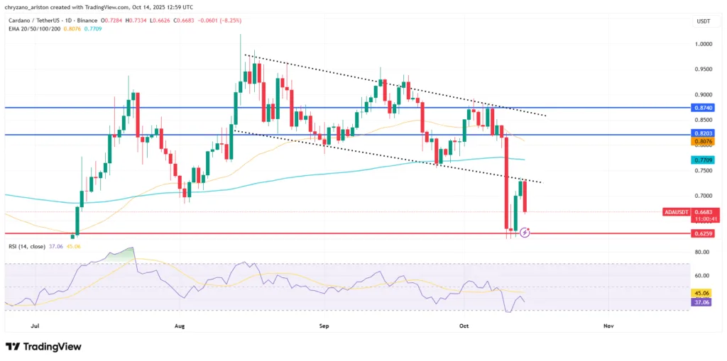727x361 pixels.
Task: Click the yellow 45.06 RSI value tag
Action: point(701,292)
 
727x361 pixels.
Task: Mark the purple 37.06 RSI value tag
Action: point(701,301)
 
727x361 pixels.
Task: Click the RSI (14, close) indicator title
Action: point(26,246)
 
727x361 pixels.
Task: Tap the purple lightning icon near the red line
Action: point(525,232)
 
